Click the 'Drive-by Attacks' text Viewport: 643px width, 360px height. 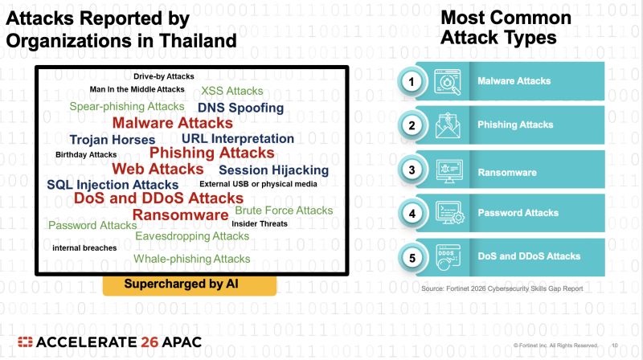[164, 76]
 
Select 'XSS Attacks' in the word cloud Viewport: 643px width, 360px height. [232, 91]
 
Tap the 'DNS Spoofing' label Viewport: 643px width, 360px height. [240, 108]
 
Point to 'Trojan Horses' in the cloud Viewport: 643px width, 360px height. [113, 139]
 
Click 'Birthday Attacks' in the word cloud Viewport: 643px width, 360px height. [86, 154]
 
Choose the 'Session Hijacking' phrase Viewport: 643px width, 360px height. [273, 170]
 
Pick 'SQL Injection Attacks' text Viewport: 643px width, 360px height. [113, 185]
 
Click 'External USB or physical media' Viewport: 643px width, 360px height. [258, 184]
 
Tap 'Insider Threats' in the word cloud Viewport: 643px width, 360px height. [260, 223]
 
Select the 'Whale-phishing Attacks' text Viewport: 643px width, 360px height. [192, 259]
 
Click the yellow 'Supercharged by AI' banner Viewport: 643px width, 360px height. [190, 285]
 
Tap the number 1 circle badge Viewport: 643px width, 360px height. [412, 82]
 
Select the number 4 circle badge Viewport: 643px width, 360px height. [412, 214]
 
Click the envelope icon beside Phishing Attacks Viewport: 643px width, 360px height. [448, 125]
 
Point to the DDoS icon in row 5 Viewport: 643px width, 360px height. [448, 257]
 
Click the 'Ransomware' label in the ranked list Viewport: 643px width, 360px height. [507, 173]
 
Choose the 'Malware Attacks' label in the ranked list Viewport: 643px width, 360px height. [514, 81]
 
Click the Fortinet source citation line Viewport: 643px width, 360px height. [502, 288]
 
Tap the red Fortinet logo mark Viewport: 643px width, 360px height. [25, 342]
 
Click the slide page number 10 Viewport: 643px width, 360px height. [615, 346]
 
